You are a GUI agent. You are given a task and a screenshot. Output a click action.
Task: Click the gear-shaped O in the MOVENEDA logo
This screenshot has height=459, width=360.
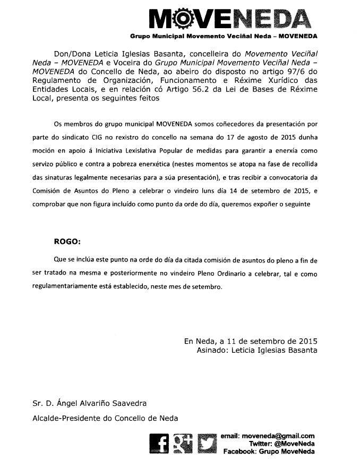[182, 19]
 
